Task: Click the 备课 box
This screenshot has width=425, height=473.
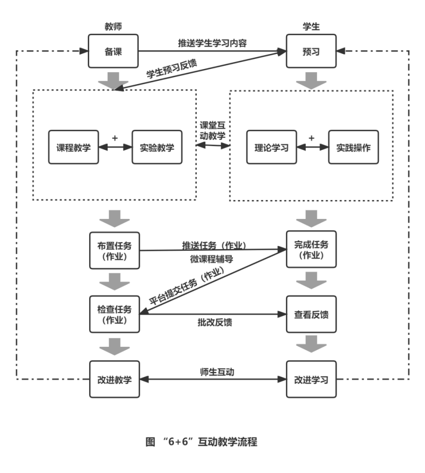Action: pos(113,51)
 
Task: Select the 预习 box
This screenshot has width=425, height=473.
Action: pos(311,51)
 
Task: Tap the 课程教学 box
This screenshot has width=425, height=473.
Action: pos(73,147)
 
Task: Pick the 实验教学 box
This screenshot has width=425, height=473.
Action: pos(157,147)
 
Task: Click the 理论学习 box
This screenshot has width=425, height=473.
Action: pos(271,147)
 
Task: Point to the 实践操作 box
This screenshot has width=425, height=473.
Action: pos(353,147)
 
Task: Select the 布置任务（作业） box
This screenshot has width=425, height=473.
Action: pos(115,250)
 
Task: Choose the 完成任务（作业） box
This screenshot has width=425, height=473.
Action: pos(311,249)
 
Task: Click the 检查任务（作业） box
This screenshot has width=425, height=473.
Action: pos(115,314)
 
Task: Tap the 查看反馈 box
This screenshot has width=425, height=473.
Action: pos(311,315)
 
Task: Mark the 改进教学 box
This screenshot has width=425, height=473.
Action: pos(115,379)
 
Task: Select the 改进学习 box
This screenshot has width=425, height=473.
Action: pos(311,379)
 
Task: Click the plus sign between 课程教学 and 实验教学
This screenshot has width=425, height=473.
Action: pos(115,138)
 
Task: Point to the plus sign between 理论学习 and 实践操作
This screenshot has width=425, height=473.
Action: pos(312,138)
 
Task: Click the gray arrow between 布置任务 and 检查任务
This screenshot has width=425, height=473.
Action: pos(115,281)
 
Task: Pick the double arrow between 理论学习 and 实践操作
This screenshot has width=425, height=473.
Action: pos(312,147)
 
